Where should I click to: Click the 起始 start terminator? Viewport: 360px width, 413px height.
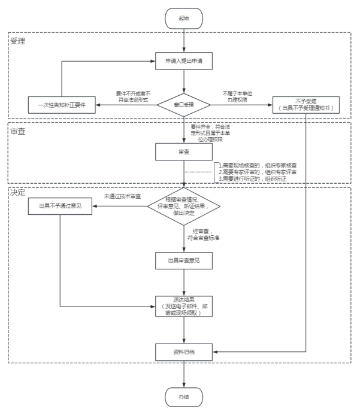(x=183, y=19)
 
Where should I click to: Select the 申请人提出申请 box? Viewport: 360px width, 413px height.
(x=183, y=62)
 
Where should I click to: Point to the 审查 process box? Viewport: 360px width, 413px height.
(x=183, y=153)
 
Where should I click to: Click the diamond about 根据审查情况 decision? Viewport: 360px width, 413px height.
(x=184, y=206)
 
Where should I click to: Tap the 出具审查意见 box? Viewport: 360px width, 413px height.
(x=183, y=261)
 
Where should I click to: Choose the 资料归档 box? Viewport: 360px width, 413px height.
(x=183, y=352)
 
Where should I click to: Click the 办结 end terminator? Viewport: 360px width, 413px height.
(x=183, y=395)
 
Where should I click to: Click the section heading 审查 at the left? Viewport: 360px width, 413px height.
(x=18, y=130)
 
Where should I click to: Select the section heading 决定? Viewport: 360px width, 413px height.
(x=18, y=193)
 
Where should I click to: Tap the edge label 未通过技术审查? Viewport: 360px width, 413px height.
(x=123, y=196)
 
